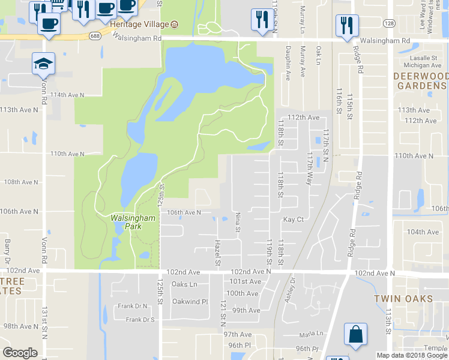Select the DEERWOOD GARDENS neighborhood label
[x=421, y=81]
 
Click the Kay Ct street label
[x=294, y=220]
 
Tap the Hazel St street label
[x=218, y=251]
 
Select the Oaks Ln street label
[x=184, y=284]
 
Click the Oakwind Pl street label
[x=189, y=301]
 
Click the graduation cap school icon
[x=43, y=63]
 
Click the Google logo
[x=20, y=353]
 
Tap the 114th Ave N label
[x=67, y=95]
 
